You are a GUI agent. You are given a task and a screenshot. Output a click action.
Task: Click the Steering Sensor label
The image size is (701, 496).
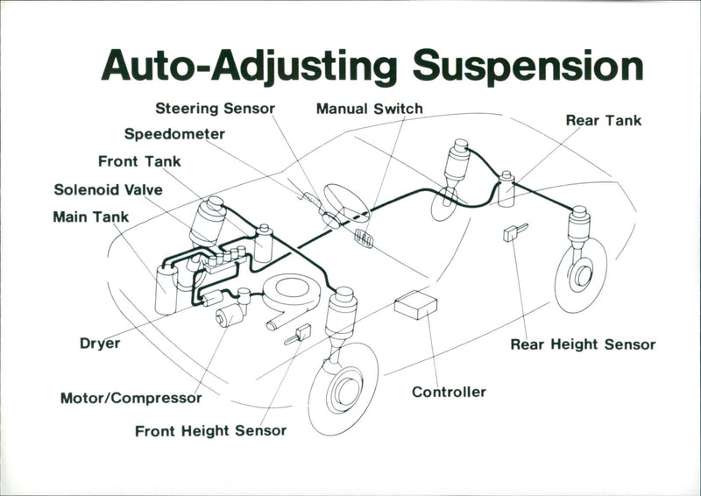coord(215,109)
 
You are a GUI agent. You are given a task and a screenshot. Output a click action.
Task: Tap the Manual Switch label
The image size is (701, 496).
coord(369,110)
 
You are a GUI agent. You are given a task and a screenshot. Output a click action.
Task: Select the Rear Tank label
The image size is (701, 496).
coord(603,120)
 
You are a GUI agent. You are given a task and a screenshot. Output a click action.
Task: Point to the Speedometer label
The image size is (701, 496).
coord(174,134)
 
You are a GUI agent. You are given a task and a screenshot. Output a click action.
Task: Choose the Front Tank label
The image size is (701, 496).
coord(139,161)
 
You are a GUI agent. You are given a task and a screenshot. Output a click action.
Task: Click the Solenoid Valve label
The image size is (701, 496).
coord(108,189)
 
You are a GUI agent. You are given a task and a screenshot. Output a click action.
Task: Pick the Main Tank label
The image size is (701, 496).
coord(90,216)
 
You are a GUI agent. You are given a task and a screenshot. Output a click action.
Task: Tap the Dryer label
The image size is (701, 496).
coord(100,344)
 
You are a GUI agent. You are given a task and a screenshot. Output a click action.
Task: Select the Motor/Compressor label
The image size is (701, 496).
coord(131,398)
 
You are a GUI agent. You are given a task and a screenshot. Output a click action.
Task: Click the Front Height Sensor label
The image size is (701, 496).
coord(210,431)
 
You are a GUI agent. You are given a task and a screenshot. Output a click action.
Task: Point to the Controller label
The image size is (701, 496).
coord(449,392)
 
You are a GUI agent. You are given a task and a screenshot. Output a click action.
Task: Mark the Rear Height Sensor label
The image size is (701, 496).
coord(583,344)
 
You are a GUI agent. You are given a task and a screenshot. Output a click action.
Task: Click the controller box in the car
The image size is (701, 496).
coord(415,305)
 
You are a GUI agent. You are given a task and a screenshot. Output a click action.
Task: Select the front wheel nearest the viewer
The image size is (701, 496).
coord(343,388)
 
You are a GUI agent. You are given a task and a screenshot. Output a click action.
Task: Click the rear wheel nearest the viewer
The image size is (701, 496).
coord(580,274)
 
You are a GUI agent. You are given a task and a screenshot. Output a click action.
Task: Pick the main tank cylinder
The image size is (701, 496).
coord(166,288)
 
